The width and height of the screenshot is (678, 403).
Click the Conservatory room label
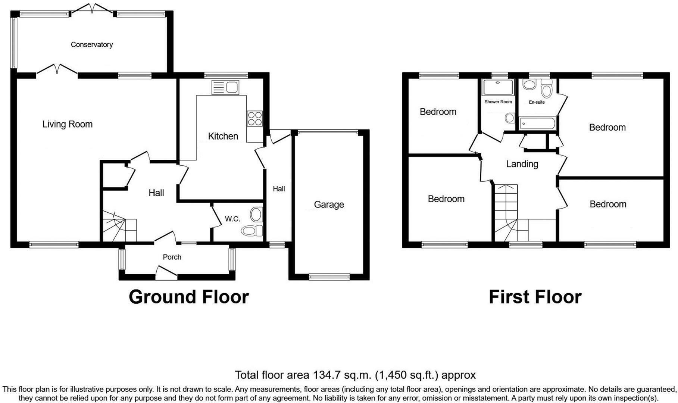[x=92, y=44]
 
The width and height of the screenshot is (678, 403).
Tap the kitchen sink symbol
[x=225, y=88]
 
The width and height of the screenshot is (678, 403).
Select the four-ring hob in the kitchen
[x=254, y=118]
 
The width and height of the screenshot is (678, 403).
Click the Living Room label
[x=67, y=124]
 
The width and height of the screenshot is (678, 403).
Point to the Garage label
[x=329, y=204]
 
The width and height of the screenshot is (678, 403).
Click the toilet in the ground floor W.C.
[x=251, y=231]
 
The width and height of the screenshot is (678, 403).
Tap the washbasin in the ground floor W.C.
[x=256, y=215]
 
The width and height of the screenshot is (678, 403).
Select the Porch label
[x=172, y=257]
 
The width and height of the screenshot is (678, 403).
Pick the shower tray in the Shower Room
[x=498, y=87]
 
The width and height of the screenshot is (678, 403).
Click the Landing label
[x=522, y=164]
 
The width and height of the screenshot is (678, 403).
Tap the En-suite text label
[x=537, y=102]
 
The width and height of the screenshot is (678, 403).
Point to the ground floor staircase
[x=119, y=227]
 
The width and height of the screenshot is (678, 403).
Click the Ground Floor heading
[x=188, y=297]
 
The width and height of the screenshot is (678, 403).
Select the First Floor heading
[x=535, y=297]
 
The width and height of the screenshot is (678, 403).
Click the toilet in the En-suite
[x=547, y=90]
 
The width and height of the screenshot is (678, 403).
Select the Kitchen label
[x=223, y=136]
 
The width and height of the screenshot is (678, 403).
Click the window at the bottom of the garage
[x=329, y=277]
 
